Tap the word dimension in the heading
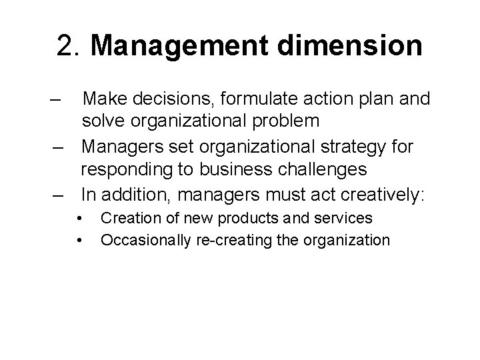pos(347,46)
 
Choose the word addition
pos(131,194)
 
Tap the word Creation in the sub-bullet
pos(129,218)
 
